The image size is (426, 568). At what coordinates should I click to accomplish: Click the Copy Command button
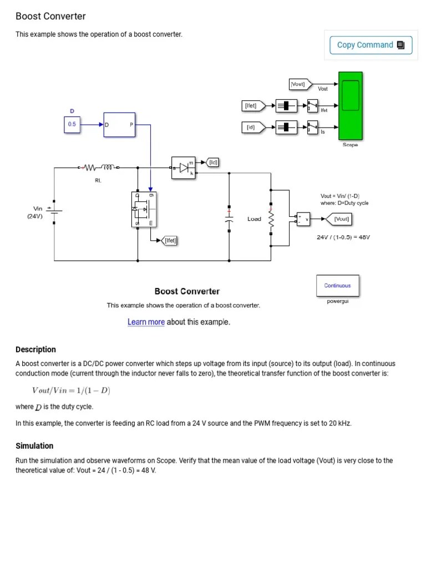(x=371, y=45)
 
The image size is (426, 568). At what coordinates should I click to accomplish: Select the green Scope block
(x=350, y=105)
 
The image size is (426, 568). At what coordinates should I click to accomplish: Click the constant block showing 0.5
(x=72, y=125)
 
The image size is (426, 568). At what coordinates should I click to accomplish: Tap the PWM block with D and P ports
(x=119, y=125)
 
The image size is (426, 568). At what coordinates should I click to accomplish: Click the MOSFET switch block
(x=144, y=209)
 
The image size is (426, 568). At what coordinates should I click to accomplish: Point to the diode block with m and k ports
(x=184, y=166)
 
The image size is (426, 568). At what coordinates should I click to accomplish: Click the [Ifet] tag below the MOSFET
(x=170, y=240)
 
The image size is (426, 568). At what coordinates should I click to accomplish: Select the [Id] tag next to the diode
(x=212, y=162)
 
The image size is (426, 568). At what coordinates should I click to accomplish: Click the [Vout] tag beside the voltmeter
(x=341, y=219)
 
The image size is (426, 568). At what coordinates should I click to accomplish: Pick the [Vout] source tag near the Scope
(x=299, y=84)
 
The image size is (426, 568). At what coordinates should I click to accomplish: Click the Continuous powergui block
(x=337, y=286)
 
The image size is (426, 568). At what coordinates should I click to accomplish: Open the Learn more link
(x=146, y=322)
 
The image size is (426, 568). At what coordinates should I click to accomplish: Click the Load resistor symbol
(x=271, y=219)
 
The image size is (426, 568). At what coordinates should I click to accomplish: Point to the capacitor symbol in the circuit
(x=229, y=217)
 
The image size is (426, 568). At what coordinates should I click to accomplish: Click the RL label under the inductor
(x=98, y=180)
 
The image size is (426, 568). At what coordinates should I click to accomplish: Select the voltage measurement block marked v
(x=303, y=219)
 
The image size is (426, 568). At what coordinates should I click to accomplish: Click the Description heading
(x=35, y=349)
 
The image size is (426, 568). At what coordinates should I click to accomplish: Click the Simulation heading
(x=34, y=446)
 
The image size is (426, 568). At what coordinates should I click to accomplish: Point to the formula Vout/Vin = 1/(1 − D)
(x=71, y=390)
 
